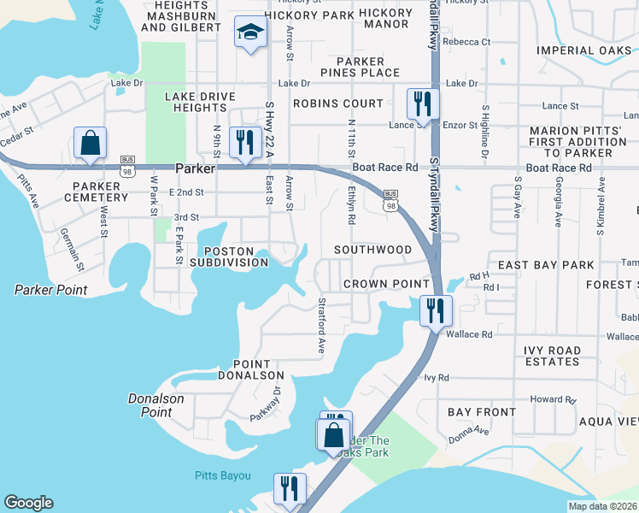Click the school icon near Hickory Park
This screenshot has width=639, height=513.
tap(251, 33)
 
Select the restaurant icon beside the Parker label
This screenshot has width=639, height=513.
tap(245, 142)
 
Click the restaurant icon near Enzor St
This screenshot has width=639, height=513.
tap(423, 104)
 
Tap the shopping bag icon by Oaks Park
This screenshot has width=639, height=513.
tap(333, 434)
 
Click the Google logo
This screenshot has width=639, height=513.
tap(28, 503)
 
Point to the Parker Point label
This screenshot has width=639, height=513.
tap(50, 290)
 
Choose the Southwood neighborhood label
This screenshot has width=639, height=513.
tap(372, 250)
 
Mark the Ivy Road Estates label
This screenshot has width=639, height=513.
tap(552, 356)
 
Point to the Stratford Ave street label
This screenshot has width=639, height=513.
tap(322, 315)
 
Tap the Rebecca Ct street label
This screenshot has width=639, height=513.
tap(466, 41)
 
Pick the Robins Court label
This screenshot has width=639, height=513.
tap(337, 103)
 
